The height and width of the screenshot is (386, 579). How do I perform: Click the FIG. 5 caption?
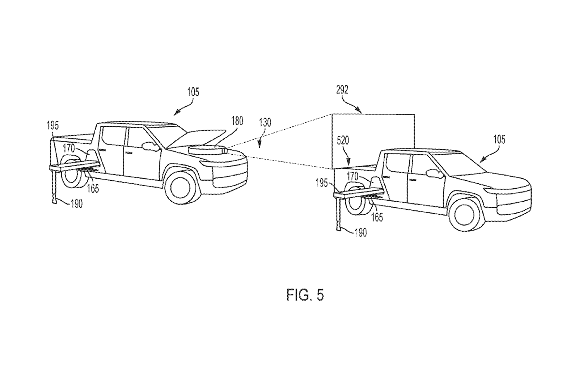305,295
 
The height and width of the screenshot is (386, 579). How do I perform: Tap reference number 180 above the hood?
237,121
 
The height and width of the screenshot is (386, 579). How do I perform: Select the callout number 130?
265,122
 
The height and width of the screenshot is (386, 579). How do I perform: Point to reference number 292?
342,90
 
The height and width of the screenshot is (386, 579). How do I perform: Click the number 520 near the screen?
343,141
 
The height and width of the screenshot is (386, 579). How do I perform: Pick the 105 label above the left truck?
193,92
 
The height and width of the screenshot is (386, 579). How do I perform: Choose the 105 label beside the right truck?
499,140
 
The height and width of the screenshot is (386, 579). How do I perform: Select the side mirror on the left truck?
150,146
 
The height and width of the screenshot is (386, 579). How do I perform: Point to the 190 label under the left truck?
76,204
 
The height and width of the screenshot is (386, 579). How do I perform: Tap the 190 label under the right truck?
360,233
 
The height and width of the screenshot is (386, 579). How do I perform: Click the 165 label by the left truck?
93,189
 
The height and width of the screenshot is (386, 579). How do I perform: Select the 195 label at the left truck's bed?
52,126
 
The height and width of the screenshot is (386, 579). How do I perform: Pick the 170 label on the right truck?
352,177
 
